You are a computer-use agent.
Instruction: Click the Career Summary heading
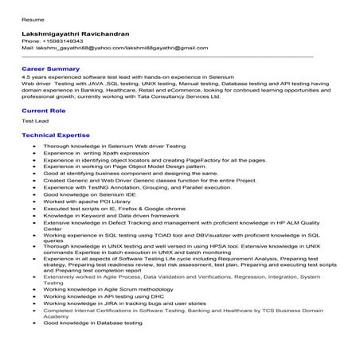click(x=50, y=69)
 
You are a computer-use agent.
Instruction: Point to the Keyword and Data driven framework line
click(x=112, y=217)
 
